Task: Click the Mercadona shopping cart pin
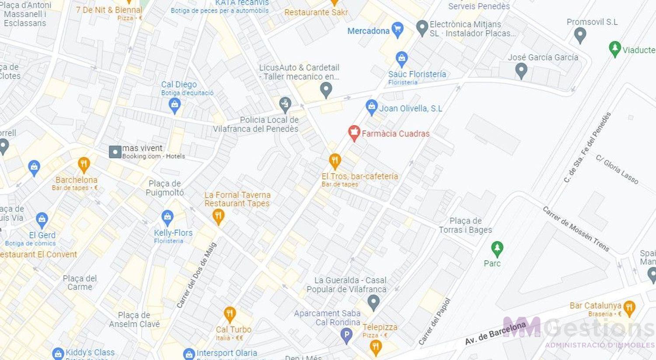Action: coord(397,30)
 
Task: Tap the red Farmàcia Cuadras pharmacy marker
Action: coord(354,133)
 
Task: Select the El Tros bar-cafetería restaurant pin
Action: coord(335,161)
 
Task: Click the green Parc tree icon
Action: coord(497,249)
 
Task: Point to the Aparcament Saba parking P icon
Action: coord(346,336)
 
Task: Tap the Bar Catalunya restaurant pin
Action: coord(629,308)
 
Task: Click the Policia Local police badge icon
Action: coord(285,105)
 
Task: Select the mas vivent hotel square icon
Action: coord(115,152)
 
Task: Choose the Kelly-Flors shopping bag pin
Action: coord(167,217)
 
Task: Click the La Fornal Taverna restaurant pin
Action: coord(218,216)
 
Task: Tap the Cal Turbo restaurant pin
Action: coord(230,314)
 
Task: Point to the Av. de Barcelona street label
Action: coord(495,333)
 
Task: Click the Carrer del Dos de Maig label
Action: coord(196,275)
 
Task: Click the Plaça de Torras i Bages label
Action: coord(465,225)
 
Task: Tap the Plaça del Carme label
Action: coord(80,283)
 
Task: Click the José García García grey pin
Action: coord(521,70)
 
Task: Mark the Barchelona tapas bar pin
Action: coord(84,164)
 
